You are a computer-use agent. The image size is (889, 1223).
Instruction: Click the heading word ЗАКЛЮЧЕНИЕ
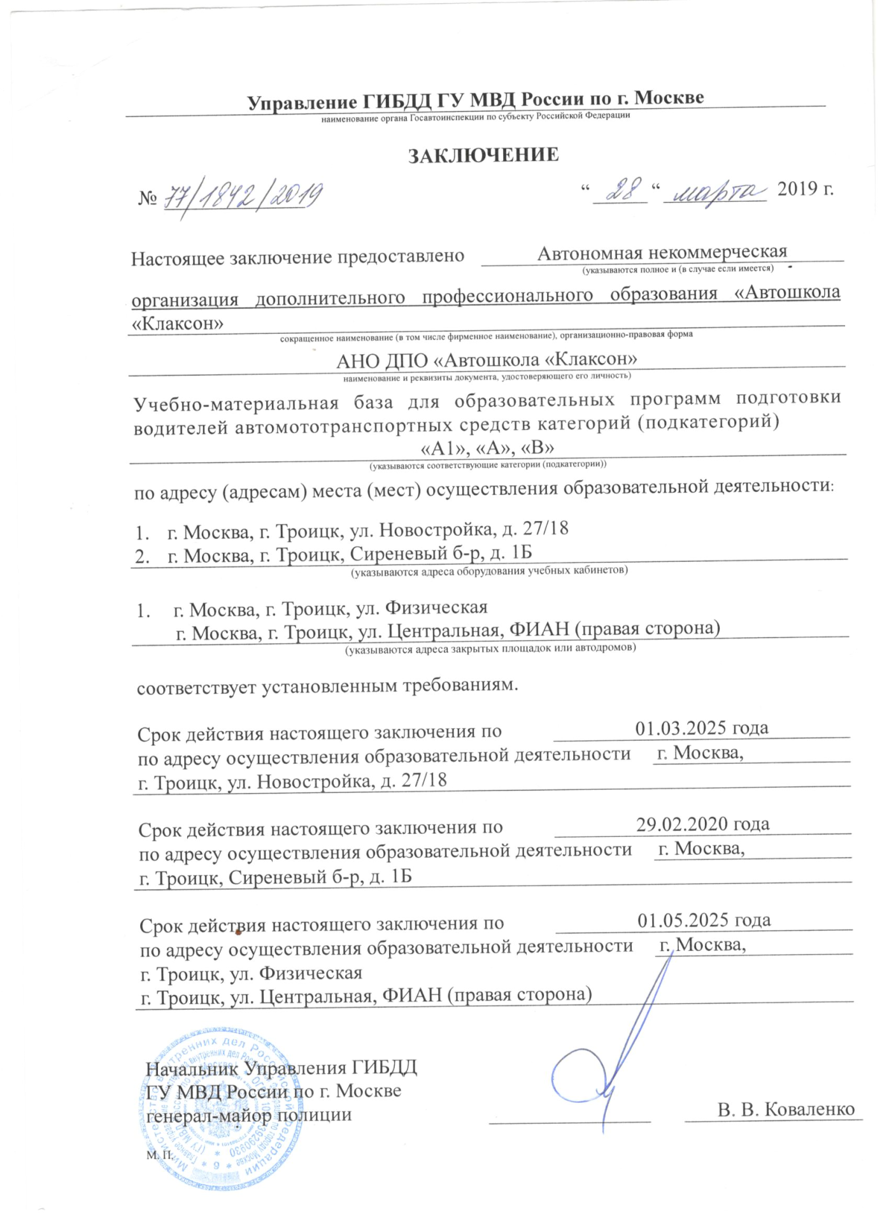483,155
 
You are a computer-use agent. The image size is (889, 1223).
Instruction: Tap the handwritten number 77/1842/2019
243,197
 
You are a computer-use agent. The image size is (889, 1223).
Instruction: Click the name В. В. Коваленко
786,1109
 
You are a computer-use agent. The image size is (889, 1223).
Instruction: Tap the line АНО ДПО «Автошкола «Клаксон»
487,360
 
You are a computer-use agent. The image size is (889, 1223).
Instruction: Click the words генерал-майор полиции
249,1115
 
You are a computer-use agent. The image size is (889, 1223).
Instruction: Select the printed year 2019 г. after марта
805,189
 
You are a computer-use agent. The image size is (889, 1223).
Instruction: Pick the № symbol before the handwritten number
147,198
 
